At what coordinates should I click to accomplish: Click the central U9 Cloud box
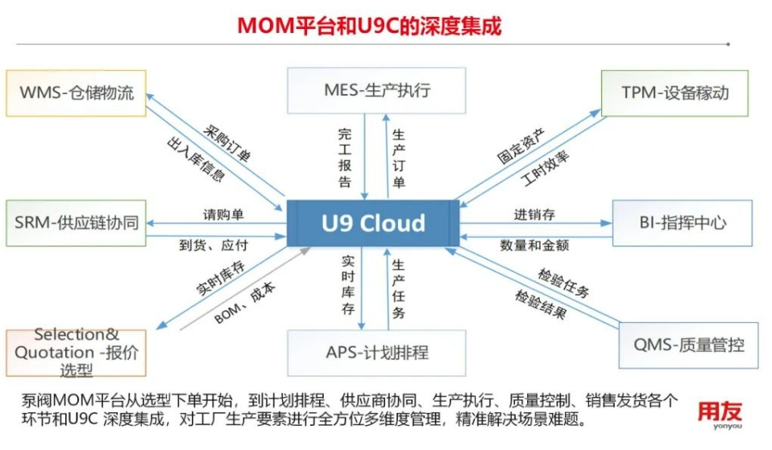[x=373, y=223]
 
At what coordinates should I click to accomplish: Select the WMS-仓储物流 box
[x=77, y=93]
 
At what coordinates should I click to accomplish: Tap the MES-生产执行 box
[x=376, y=90]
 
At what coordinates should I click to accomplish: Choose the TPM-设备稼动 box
[x=675, y=93]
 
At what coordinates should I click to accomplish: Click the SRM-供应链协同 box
[x=77, y=223]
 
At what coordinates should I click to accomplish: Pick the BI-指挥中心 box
[x=683, y=223]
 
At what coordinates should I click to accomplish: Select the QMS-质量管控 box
[x=688, y=345]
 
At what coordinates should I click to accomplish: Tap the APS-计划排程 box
[x=376, y=353]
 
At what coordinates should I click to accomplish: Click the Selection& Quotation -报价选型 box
[x=77, y=353]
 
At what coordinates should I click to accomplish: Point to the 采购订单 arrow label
[x=227, y=143]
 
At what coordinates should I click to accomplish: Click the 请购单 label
[x=223, y=215]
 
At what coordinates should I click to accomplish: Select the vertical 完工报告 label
[x=345, y=157]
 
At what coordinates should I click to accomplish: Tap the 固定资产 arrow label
[x=521, y=146]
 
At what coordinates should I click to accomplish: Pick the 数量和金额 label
[x=535, y=245]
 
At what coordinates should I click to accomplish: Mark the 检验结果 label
[x=541, y=304]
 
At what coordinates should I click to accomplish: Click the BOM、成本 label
[x=245, y=303]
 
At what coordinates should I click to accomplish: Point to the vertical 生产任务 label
[x=398, y=289]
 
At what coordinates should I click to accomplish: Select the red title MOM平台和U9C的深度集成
[x=369, y=26]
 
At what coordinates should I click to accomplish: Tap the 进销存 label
[x=534, y=215]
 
